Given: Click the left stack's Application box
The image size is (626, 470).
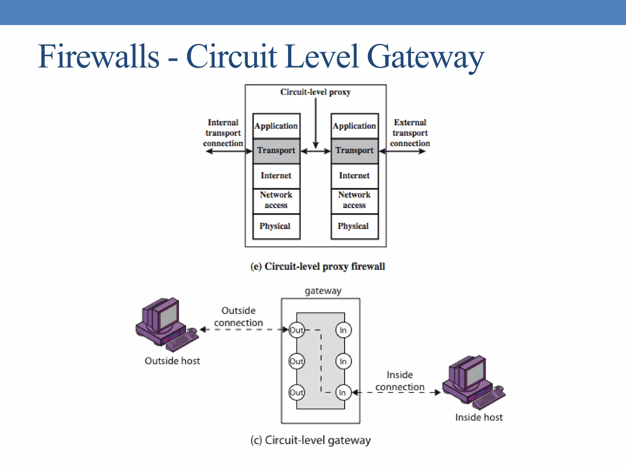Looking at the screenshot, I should point(276,126).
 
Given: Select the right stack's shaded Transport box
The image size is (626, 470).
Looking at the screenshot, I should point(355,151).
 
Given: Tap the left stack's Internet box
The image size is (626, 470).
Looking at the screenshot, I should point(276,176).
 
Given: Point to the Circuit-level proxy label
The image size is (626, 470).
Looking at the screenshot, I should point(315,92).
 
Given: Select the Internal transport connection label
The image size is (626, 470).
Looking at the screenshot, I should point(223,133).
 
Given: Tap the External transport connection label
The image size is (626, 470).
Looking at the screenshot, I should point(410,133).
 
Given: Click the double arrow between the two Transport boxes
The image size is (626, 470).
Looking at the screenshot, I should point(316,151).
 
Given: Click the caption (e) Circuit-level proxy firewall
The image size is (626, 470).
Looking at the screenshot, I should point(317,267).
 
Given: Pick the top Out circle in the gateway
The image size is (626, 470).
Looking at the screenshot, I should point(296,330).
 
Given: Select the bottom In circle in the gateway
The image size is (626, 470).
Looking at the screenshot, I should point(343,393).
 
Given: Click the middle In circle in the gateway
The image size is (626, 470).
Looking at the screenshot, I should point(343,361).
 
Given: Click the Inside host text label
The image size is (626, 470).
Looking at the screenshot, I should point(479,417).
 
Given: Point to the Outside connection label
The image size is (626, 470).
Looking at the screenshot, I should point(238,317).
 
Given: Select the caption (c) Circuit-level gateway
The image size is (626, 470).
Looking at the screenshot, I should point(311,440).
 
